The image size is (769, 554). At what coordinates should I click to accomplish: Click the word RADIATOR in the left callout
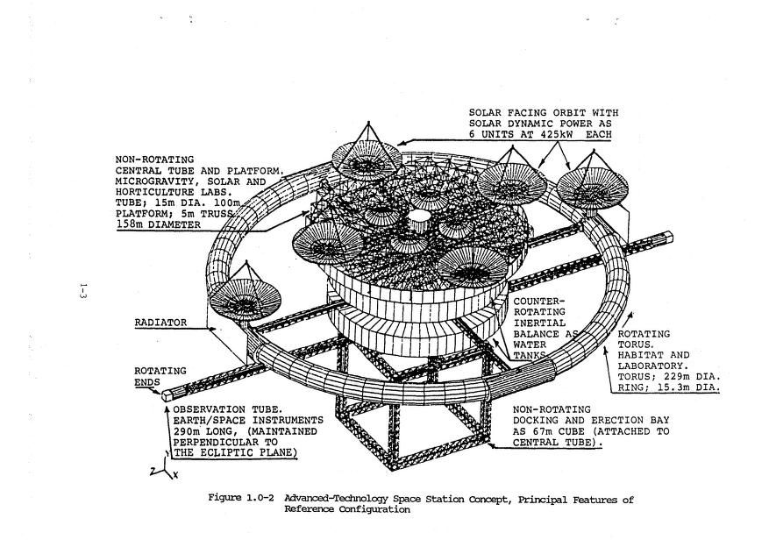point(161,323)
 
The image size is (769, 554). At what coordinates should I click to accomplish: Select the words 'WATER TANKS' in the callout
point(532,351)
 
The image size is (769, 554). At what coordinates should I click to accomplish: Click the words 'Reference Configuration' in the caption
point(346,509)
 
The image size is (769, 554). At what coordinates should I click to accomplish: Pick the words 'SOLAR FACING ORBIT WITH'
point(543,113)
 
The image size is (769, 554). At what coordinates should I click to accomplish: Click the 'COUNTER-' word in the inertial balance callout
point(536,302)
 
